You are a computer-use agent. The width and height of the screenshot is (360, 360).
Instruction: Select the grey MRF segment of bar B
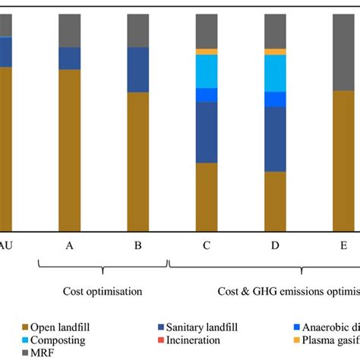[138, 30]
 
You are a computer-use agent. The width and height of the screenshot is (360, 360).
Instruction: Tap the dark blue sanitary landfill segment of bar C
[207, 132]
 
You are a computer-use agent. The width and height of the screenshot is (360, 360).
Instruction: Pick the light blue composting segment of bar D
[275, 73]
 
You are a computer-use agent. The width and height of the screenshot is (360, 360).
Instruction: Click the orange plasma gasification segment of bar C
[207, 52]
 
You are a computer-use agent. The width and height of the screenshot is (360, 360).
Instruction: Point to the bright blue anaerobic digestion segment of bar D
[275, 99]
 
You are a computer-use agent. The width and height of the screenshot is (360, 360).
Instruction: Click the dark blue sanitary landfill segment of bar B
[138, 70]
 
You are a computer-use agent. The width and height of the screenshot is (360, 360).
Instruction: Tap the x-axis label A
[70, 245]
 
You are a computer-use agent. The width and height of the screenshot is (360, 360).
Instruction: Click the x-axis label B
[138, 245]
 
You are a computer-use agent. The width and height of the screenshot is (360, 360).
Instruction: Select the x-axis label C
[207, 245]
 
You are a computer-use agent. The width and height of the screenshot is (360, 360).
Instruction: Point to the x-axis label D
[275, 245]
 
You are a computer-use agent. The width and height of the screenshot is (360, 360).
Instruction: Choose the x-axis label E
[343, 245]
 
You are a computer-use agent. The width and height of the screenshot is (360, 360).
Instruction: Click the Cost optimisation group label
[103, 290]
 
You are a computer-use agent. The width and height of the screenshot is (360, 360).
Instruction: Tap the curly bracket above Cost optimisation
[103, 266]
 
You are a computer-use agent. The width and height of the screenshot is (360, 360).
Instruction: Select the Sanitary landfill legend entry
[190, 327]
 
